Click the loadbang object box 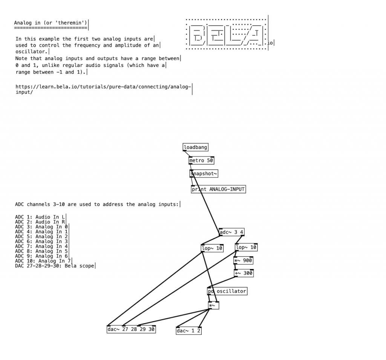[x=195, y=147]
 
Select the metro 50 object [x=201, y=160]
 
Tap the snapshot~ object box [x=204, y=174]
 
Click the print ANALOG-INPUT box [x=219, y=189]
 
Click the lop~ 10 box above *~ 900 [x=247, y=248]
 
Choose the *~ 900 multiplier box [x=243, y=260]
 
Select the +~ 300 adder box [x=244, y=273]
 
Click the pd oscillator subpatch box [x=227, y=291]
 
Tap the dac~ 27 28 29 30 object [x=131, y=329]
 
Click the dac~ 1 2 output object [x=188, y=331]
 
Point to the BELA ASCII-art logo [x=226, y=34]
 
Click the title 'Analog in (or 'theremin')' [x=51, y=23]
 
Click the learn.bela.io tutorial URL [x=103, y=89]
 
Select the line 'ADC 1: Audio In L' [x=40, y=217]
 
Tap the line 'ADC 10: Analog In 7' [x=43, y=261]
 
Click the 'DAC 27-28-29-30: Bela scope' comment [x=55, y=266]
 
